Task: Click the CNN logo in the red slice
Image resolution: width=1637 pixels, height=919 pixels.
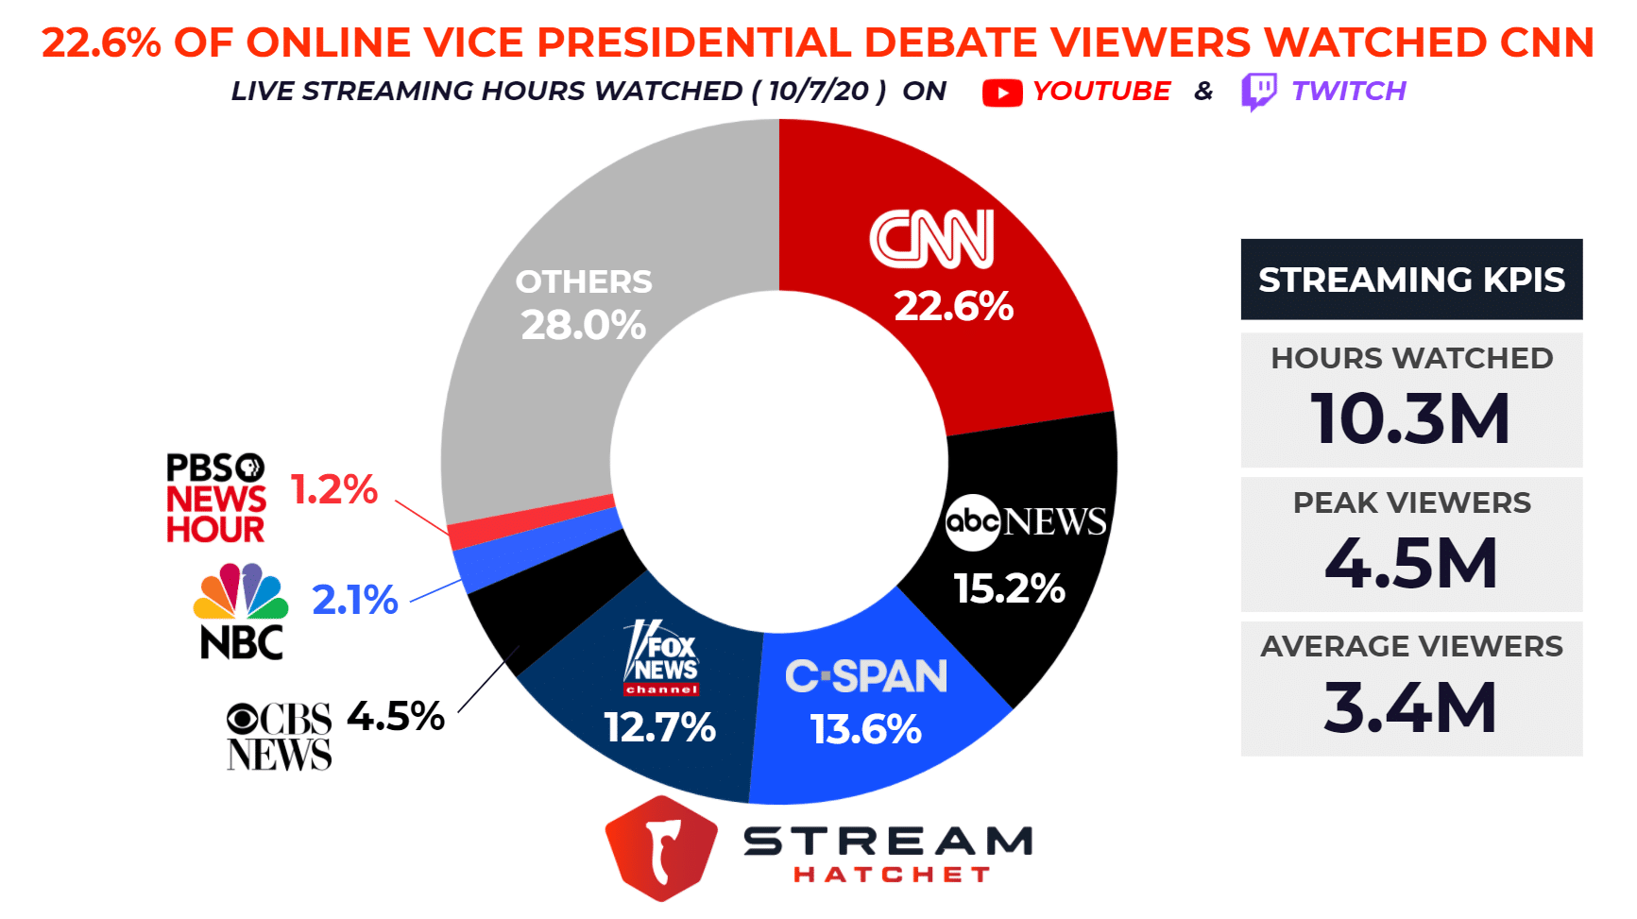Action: click(931, 239)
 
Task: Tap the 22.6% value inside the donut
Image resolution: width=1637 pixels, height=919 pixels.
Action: click(953, 306)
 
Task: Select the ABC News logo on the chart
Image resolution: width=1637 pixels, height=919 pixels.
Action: click(1026, 521)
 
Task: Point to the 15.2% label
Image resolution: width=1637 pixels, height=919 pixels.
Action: click(1009, 588)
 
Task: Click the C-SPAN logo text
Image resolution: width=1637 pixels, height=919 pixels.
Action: click(865, 676)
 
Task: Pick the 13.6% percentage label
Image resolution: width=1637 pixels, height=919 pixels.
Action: click(865, 729)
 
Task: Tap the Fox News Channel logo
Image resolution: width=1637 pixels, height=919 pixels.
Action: click(662, 658)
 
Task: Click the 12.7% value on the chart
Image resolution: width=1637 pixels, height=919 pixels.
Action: click(659, 728)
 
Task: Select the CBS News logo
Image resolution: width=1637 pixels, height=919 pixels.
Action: click(280, 737)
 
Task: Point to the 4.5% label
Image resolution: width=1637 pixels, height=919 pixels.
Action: click(396, 716)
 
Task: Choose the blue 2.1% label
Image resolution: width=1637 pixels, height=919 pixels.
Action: click(355, 600)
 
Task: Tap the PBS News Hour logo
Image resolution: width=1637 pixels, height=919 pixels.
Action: click(216, 498)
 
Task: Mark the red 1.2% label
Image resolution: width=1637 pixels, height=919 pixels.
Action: click(334, 489)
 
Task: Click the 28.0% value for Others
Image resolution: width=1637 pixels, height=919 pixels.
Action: click(584, 325)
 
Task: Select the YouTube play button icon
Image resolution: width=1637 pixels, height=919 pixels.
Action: click(1002, 93)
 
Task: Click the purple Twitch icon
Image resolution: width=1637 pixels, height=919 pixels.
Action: click(1258, 92)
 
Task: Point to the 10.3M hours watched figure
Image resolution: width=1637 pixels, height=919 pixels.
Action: click(1410, 418)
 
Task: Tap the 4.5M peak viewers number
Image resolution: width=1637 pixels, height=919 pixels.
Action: click(1410, 563)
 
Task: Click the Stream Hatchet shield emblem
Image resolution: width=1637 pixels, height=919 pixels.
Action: click(661, 847)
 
